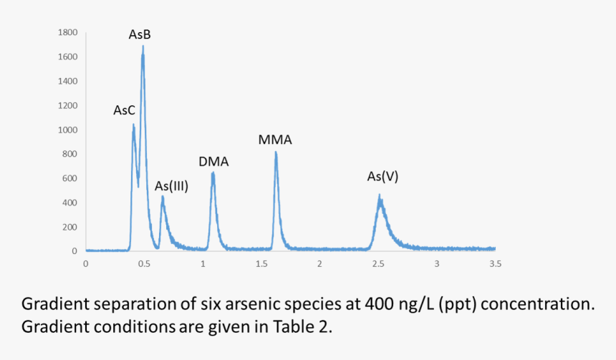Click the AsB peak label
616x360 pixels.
tap(140, 34)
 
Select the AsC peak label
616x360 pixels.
tap(124, 110)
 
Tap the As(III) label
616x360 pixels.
tap(171, 186)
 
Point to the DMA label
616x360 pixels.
tap(213, 161)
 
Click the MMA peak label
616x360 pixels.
tap(275, 140)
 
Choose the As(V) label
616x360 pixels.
tap(382, 176)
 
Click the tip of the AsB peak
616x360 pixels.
tap(143, 47)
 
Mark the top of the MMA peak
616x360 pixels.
tap(276, 152)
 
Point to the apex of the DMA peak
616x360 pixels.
tap(213, 172)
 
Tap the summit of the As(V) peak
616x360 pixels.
tap(380, 195)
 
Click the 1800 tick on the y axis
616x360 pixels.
tap(69, 33)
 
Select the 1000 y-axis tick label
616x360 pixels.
tap(69, 130)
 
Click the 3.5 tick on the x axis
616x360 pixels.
tap(495, 264)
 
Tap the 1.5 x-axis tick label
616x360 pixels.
tap(261, 264)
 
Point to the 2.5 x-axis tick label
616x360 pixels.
tap(378, 264)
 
